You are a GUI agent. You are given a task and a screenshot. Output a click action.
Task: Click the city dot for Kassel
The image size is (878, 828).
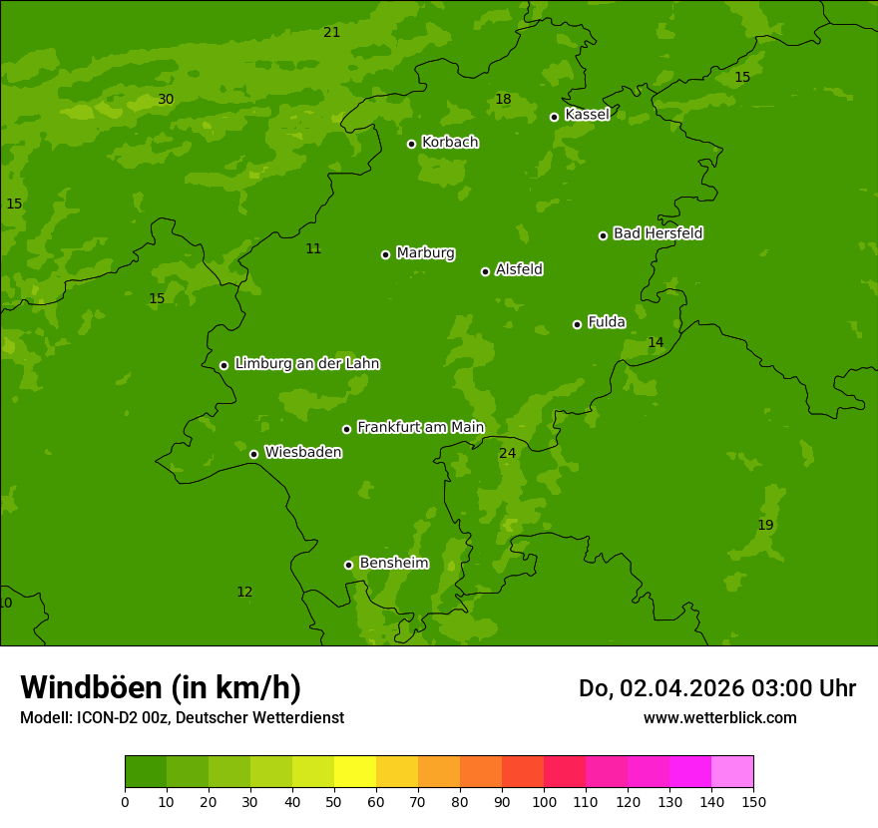tap(555, 117)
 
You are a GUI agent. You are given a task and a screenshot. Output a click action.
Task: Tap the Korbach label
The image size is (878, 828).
tap(450, 143)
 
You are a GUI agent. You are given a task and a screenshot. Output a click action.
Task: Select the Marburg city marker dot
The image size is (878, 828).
tap(386, 254)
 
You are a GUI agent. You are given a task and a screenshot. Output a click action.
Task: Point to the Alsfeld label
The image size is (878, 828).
tap(519, 269)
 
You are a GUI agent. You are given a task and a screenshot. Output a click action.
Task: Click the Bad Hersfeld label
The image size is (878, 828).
tap(658, 233)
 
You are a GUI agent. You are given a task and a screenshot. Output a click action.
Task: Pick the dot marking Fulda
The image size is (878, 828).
tap(577, 324)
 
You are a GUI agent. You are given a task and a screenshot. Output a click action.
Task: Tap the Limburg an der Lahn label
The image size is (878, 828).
tap(306, 364)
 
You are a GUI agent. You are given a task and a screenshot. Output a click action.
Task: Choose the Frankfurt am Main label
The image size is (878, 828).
tap(420, 428)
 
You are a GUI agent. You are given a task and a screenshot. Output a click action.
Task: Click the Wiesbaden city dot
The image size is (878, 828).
tap(254, 454)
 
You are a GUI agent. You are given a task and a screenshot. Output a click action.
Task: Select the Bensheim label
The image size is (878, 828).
tap(393, 564)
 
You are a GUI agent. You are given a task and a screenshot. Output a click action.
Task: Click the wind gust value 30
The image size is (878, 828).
tap(166, 99)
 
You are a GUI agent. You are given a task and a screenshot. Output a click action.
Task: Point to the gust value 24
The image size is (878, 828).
tap(508, 453)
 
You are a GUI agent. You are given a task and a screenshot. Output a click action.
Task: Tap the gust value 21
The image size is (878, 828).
tap(332, 32)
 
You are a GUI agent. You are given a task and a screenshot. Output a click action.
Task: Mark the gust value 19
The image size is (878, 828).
tap(765, 525)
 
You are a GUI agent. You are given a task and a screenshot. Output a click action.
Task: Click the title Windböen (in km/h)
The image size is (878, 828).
tap(161, 687)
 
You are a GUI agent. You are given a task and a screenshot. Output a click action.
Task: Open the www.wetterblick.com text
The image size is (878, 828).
tap(719, 717)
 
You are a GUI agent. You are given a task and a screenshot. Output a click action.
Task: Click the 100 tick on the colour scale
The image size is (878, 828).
tap(544, 801)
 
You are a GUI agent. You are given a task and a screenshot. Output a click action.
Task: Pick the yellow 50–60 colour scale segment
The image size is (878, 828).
tap(355, 772)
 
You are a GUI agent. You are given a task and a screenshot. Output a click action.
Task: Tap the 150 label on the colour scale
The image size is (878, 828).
tap(753, 801)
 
